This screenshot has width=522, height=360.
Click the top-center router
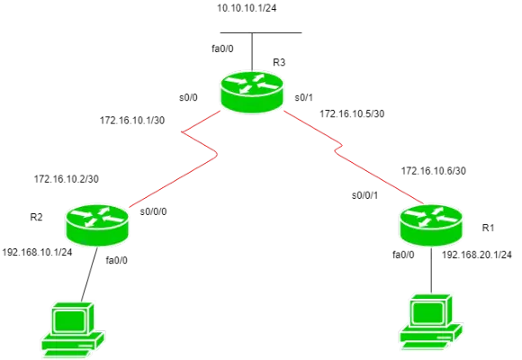pyautogui.click(x=251, y=92)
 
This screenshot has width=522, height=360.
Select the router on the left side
pyautogui.click(x=97, y=224)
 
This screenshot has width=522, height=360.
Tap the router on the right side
pyautogui.click(x=431, y=224)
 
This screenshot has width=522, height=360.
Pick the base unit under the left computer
pyautogui.click(x=73, y=346)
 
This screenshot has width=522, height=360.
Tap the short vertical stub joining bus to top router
pyautogui.click(x=253, y=51)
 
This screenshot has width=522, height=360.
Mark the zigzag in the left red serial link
pyautogui.click(x=201, y=145)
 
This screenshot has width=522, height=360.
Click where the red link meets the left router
pyautogui.click(x=129, y=208)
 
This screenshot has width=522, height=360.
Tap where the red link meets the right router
pyautogui.click(x=419, y=202)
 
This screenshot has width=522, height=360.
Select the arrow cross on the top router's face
pyautogui.click(x=251, y=84)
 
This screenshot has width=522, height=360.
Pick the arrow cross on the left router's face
pyautogui.click(x=97, y=216)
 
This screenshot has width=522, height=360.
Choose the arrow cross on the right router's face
pyautogui.click(x=431, y=216)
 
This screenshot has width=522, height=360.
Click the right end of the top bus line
pyautogui.click(x=301, y=33)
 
